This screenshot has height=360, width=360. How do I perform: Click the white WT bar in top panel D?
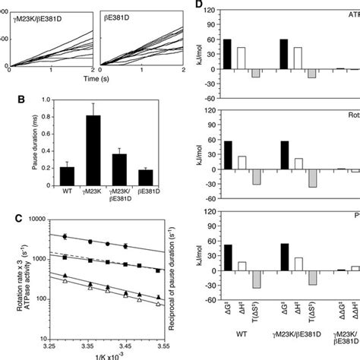click(x=242, y=68)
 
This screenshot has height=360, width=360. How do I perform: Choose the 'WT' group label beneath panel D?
click(x=241, y=353)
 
